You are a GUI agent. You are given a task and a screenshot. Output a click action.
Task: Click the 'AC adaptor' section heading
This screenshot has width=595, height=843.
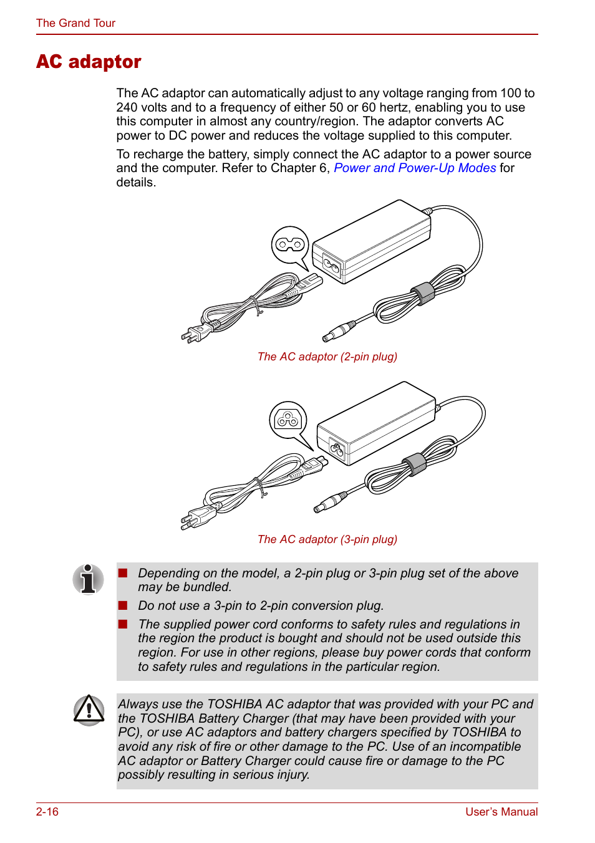89,62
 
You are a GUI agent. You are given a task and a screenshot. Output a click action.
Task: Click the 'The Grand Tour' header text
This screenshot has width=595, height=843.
75,23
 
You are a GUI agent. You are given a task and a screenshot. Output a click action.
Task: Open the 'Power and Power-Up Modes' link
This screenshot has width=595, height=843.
415,168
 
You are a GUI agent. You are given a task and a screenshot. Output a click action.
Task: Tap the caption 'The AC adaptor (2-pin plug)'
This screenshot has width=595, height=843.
327,357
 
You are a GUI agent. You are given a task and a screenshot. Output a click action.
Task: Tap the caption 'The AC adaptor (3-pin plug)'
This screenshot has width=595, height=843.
327,539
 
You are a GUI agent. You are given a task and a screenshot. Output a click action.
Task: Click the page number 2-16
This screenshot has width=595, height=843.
47,811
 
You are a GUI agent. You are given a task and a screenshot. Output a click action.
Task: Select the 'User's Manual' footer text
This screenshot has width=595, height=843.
501,811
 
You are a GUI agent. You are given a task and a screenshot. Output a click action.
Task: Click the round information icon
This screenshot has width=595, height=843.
89,579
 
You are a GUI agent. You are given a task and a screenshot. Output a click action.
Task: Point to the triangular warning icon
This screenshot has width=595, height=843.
89,710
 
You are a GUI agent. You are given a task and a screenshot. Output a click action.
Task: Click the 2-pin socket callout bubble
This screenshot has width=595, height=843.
290,244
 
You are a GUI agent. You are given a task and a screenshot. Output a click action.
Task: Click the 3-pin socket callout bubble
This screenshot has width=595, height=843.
288,420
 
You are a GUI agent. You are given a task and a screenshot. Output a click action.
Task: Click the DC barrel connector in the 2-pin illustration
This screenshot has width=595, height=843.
337,331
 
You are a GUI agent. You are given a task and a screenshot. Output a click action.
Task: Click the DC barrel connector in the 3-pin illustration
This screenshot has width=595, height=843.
329,503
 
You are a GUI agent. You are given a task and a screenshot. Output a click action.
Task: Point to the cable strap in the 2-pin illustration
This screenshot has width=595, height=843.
423,292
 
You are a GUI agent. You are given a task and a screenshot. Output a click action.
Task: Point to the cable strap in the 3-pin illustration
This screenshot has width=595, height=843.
414,465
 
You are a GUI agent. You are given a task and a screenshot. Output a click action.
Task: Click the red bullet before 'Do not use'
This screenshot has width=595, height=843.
123,605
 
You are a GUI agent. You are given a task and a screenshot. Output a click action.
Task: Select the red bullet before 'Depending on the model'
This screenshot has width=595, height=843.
123,572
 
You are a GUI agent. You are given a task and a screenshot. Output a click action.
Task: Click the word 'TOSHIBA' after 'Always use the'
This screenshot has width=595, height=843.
235,704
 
